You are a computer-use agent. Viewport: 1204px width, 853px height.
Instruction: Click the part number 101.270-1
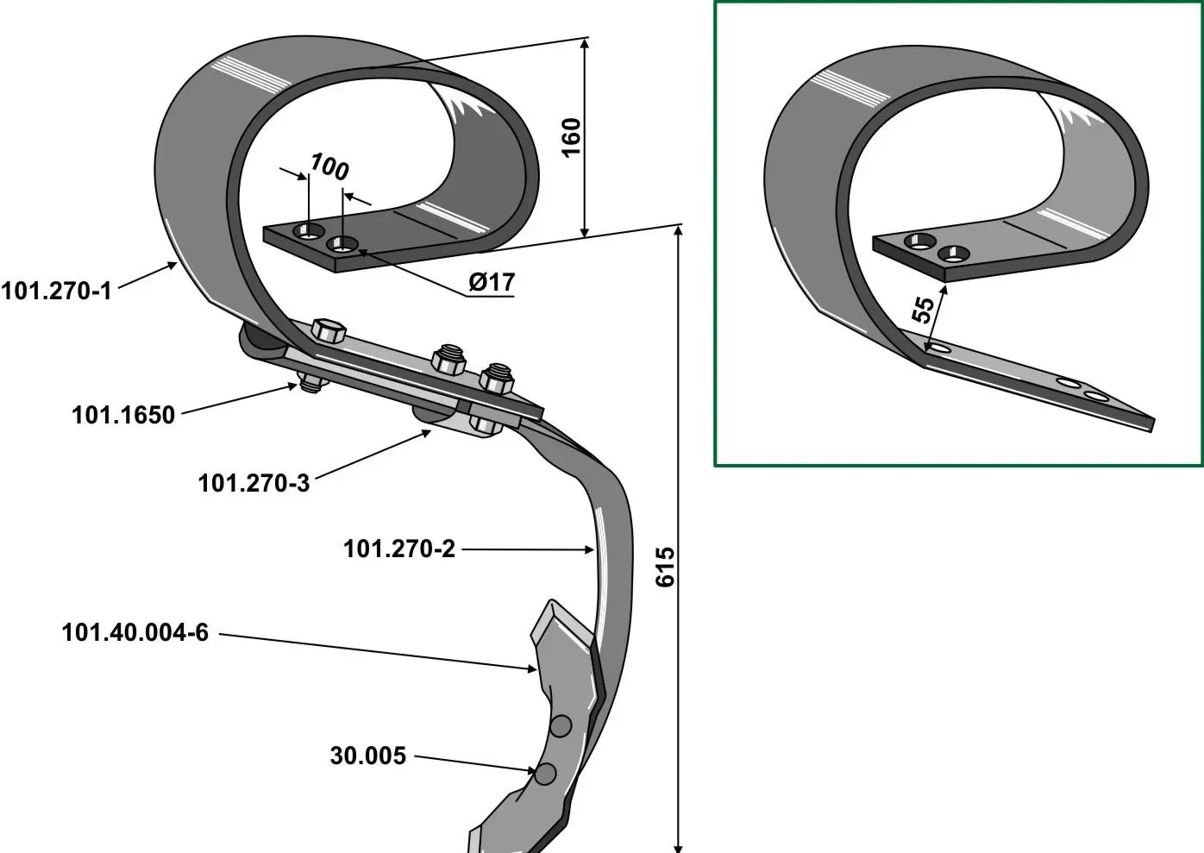pyautogui.click(x=56, y=292)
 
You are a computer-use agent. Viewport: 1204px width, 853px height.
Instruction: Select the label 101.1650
pyautogui.click(x=123, y=416)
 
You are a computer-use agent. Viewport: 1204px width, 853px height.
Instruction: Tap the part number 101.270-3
pyautogui.click(x=254, y=483)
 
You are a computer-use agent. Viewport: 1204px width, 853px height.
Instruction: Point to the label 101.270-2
pyautogui.click(x=399, y=549)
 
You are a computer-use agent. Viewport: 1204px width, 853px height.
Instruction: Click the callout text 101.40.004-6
pyautogui.click(x=135, y=632)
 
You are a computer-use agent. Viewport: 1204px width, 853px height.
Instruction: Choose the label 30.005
pyautogui.click(x=368, y=756)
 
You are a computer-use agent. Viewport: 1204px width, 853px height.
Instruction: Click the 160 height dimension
pyautogui.click(x=571, y=138)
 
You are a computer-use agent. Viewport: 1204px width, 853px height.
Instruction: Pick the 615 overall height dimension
pyautogui.click(x=665, y=567)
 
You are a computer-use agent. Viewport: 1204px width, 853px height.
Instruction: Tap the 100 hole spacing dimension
pyautogui.click(x=329, y=166)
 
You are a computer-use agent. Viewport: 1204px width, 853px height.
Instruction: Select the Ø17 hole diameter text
pyautogui.click(x=492, y=282)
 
